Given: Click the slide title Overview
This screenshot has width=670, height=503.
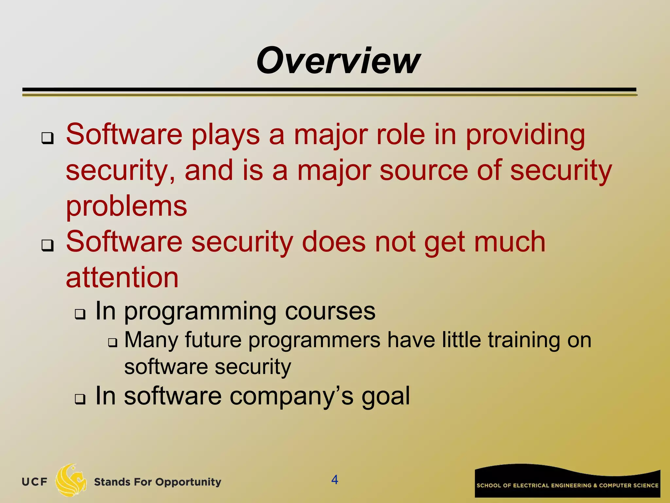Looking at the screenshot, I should coord(338,61).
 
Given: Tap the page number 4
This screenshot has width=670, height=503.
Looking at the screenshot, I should coord(334,480).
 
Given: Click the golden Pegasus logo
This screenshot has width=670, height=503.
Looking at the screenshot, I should coord(71,480).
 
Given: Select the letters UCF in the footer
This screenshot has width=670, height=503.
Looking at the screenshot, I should coord(34,482).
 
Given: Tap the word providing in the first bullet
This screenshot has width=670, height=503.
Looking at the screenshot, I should coord(525,135).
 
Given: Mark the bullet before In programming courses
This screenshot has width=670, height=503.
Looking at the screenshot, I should coord(80,314).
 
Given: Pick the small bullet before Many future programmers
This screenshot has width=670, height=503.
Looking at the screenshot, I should coord(113,343).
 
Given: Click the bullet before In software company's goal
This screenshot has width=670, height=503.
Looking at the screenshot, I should coord(80,399).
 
